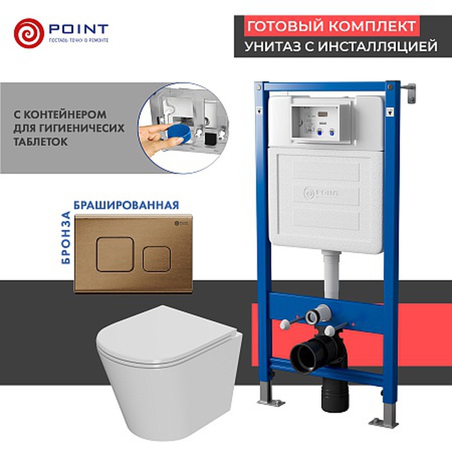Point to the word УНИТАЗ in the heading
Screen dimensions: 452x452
pyautogui.click(x=271, y=47)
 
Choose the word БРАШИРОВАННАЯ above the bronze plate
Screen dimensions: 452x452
pyautogui.click(x=126, y=205)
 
